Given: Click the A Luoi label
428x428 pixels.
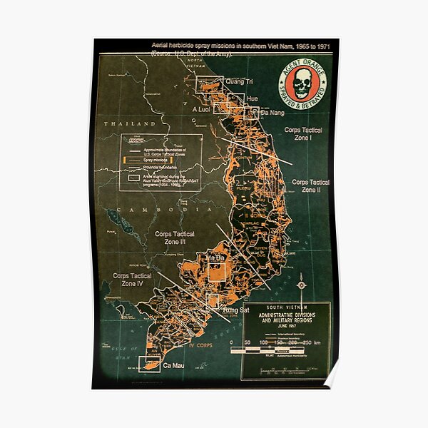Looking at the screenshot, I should [x=204, y=108].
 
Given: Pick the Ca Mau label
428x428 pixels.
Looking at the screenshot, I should [x=173, y=365].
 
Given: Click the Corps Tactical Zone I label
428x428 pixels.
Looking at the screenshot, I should [x=303, y=134].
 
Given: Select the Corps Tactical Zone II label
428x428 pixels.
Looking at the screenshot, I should [x=310, y=186].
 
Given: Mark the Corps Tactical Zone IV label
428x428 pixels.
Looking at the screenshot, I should [x=132, y=279].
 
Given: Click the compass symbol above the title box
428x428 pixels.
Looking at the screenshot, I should [x=300, y=284].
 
